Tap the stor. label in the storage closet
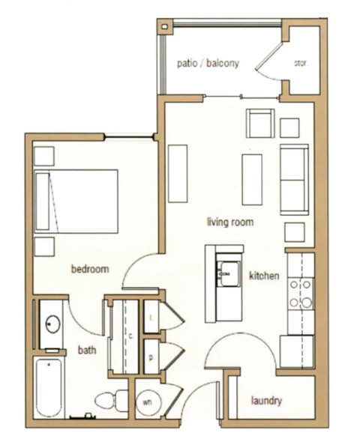(300, 63)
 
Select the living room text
(230, 222)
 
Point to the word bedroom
(90, 269)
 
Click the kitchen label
(264, 276)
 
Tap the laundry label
(266, 401)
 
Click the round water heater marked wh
(147, 401)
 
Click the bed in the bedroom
(76, 201)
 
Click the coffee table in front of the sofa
(251, 178)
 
